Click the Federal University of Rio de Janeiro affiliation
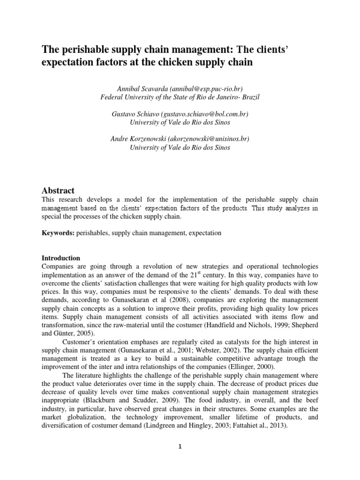pyautogui.click(x=180, y=97)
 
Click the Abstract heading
pyautogui.click(x=58, y=190)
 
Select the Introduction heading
pyautogui.click(x=61, y=258)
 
